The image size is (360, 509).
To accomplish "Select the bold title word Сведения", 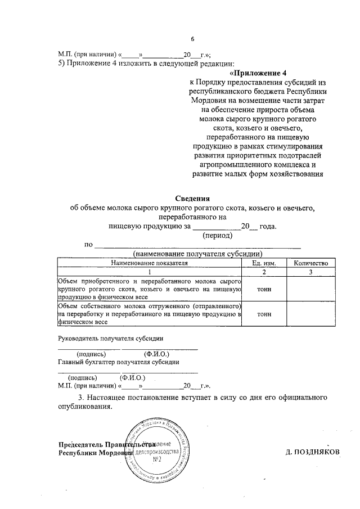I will (192, 199).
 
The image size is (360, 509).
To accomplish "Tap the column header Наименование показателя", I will (150, 263).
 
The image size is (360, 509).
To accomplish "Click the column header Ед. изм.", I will (264, 263).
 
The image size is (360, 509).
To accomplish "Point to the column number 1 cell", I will (150, 272).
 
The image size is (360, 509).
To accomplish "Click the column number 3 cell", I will (311, 272).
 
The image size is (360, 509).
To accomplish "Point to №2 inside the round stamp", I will (158, 460).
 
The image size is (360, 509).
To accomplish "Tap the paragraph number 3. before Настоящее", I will (82, 398).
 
